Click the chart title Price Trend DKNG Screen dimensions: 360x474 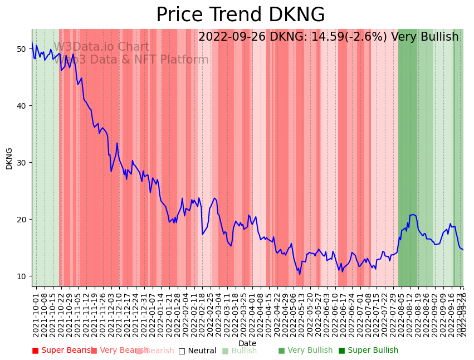[240, 15]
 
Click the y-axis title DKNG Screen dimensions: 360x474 [9, 158]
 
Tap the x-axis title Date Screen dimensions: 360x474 [247, 343]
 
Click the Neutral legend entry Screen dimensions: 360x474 [197, 351]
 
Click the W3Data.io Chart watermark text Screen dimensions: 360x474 [101, 47]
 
